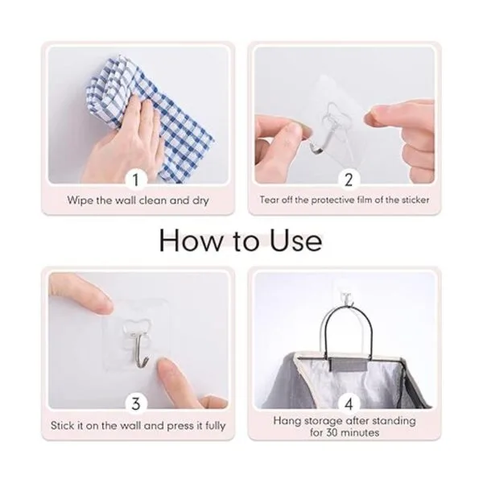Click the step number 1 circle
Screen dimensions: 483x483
(x=135, y=180)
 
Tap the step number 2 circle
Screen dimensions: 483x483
(x=349, y=180)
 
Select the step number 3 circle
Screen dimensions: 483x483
(x=135, y=403)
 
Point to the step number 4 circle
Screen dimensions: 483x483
(x=349, y=403)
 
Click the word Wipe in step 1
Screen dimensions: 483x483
(x=80, y=200)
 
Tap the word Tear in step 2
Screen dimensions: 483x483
(x=270, y=200)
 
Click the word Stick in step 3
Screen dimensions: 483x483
(x=63, y=426)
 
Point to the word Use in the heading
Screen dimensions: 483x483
(x=296, y=241)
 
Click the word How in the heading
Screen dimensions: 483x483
(x=190, y=241)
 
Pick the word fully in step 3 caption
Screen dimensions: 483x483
(x=215, y=427)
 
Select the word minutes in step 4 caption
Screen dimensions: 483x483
(x=360, y=432)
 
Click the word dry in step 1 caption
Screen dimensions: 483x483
(x=200, y=201)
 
